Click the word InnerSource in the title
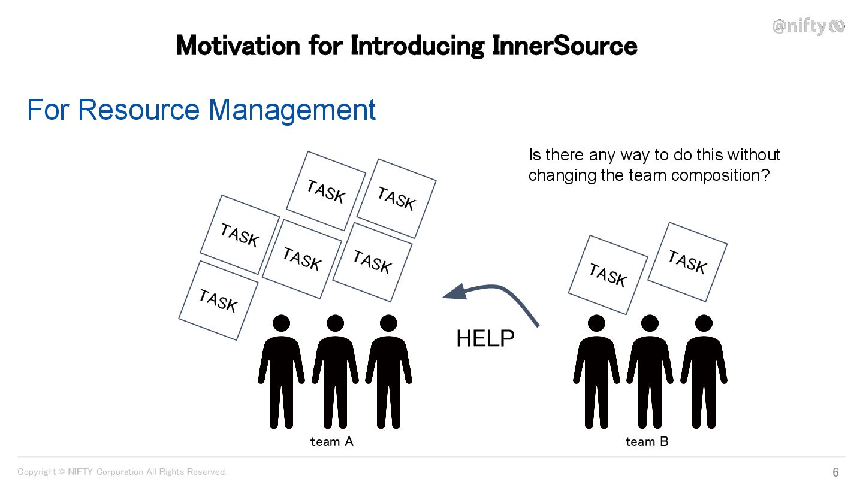[x=564, y=46]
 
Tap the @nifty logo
[x=808, y=26]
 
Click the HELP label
[x=485, y=339]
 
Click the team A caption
[x=331, y=442]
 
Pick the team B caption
[x=647, y=442]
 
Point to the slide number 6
[x=835, y=472]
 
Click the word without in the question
[x=753, y=155]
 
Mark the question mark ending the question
[x=765, y=175]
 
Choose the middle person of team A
[x=335, y=371]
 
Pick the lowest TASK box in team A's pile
[x=218, y=300]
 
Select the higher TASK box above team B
[x=687, y=262]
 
